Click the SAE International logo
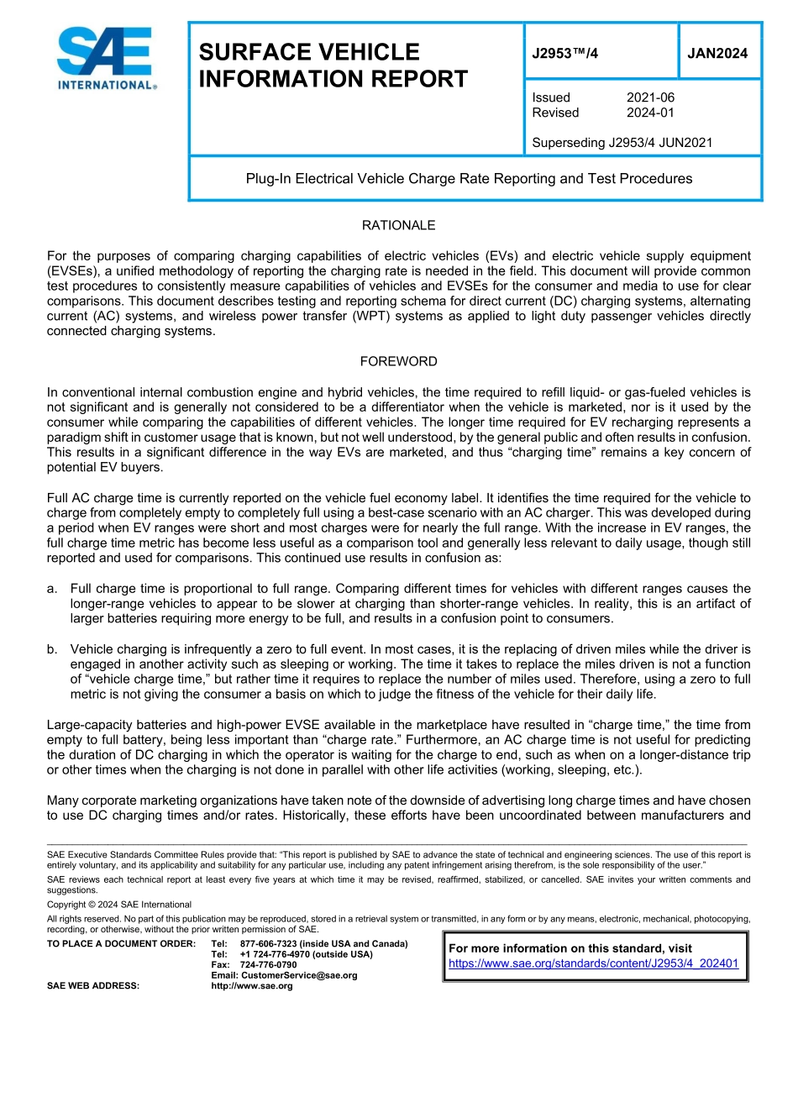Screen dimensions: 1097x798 click(107, 58)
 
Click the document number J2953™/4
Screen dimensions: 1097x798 click(565, 53)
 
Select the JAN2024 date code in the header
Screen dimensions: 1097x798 click(717, 53)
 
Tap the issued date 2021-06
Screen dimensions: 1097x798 click(650, 97)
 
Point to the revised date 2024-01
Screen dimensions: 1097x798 click(650, 113)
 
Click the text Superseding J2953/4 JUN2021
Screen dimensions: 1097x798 click(622, 143)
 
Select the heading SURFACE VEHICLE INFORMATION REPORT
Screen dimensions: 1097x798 click(333, 66)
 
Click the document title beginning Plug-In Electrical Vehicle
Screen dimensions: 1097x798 click(469, 178)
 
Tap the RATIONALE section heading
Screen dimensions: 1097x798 click(398, 225)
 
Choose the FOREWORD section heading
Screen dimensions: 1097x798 click(398, 361)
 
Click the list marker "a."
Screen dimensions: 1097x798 click(53, 589)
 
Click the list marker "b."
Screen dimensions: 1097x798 click(53, 649)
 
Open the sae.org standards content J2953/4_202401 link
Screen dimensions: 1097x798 click(593, 963)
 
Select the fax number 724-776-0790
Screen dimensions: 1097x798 click(268, 965)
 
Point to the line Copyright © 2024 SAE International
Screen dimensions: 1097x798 click(119, 905)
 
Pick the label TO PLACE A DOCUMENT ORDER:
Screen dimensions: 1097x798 click(121, 944)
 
